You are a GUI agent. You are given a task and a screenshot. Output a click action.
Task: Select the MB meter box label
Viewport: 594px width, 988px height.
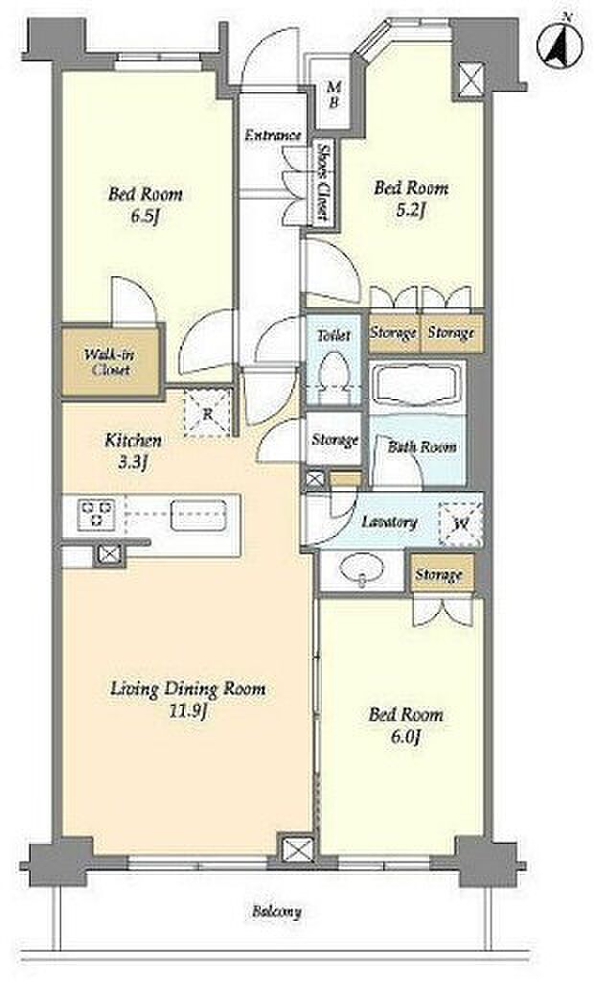333,96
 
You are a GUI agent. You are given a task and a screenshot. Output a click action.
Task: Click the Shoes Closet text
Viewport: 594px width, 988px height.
324,182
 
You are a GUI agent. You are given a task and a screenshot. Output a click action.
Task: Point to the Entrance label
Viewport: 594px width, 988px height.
273,135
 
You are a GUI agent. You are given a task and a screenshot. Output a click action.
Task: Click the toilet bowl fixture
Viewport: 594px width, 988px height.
332,373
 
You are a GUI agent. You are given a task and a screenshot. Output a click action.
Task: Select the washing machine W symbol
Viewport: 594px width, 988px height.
461,523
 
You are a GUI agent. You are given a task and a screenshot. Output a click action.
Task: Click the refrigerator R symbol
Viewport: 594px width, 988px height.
207,413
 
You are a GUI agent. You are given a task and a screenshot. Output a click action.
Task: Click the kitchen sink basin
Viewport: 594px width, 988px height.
199,515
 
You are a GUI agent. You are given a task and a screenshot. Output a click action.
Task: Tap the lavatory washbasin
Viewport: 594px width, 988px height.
362,570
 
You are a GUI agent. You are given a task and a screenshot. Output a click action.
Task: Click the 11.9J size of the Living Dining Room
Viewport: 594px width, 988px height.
189,712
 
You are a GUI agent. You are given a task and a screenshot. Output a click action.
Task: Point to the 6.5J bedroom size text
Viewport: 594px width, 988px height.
146,217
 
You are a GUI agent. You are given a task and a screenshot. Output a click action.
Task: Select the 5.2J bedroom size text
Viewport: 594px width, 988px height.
410,210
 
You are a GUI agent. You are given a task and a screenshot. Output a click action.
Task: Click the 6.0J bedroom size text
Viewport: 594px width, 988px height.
405,737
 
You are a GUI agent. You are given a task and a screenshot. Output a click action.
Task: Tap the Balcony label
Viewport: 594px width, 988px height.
277,912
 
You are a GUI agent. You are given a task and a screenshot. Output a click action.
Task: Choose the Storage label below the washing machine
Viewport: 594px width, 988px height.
439,575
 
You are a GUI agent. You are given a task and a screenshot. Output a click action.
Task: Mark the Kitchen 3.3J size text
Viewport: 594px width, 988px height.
133,463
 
